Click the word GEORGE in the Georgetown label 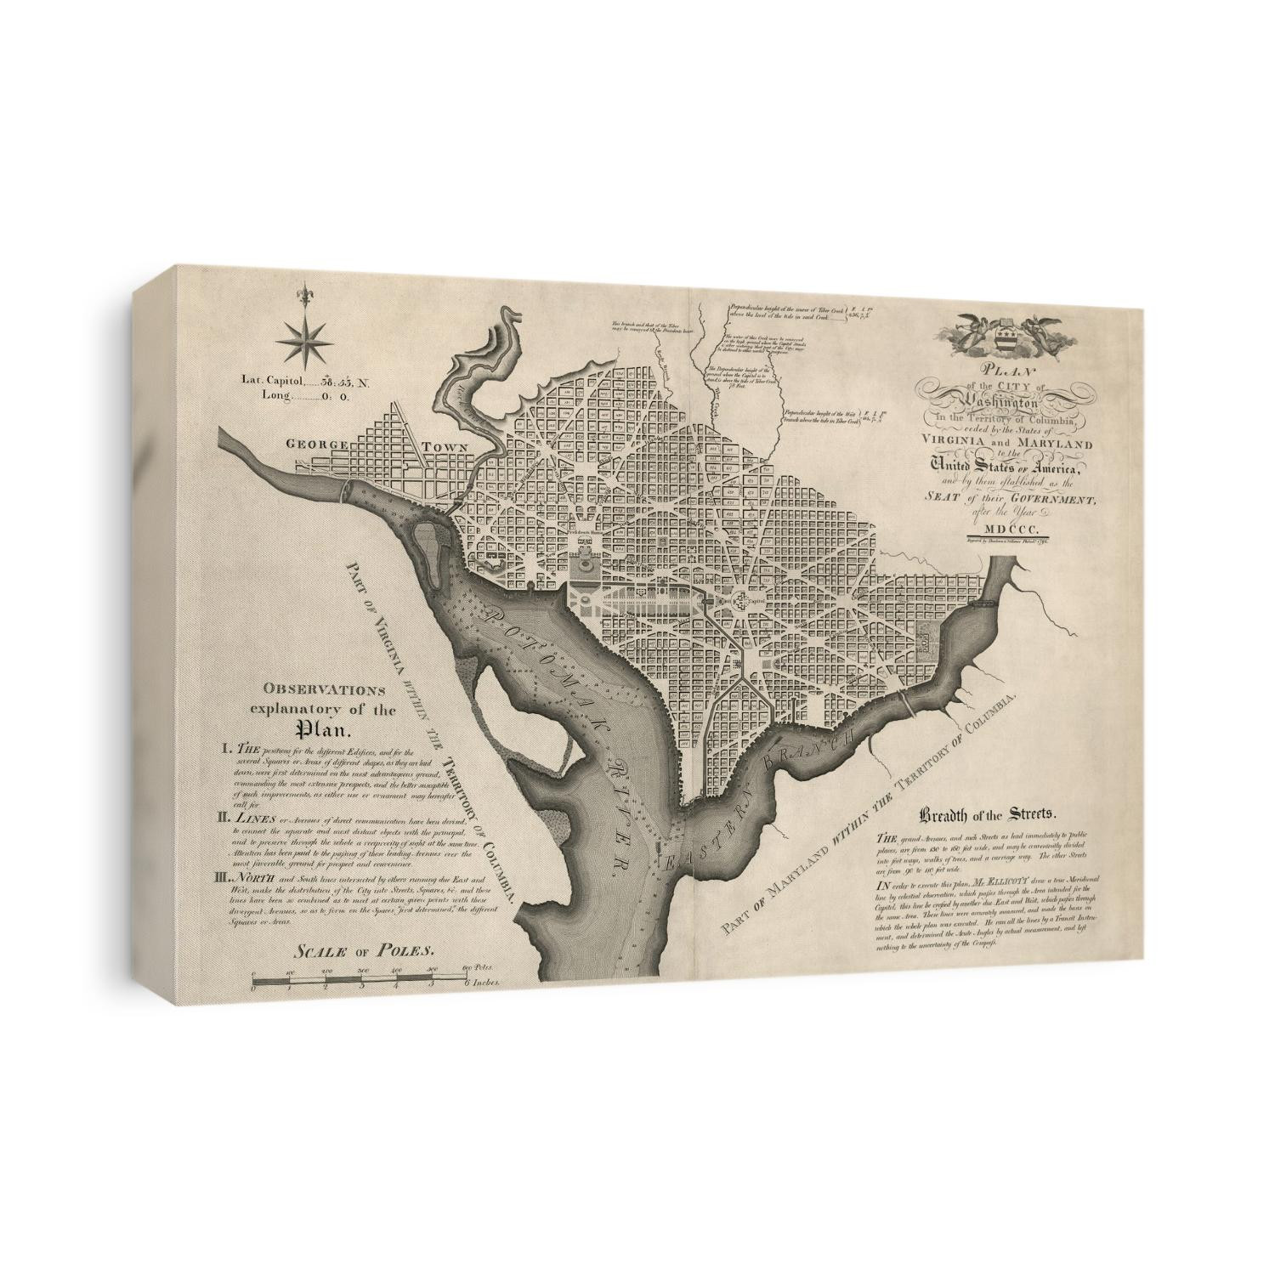pos(315,444)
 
